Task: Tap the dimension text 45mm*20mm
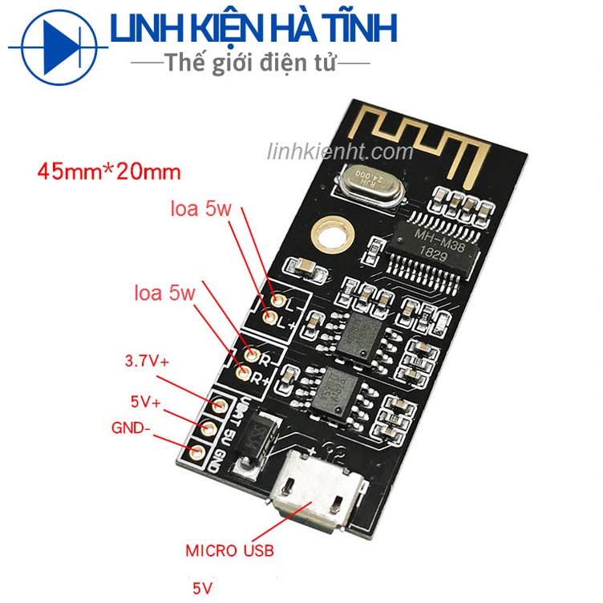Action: [109, 171]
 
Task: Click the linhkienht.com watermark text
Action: [351, 152]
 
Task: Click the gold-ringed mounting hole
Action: [331, 233]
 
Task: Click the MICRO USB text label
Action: [229, 551]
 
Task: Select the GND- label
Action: [130, 427]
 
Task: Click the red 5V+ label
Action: [145, 399]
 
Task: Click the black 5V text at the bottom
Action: [203, 588]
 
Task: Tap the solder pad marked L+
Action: [270, 320]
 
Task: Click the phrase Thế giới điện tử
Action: [249, 62]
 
